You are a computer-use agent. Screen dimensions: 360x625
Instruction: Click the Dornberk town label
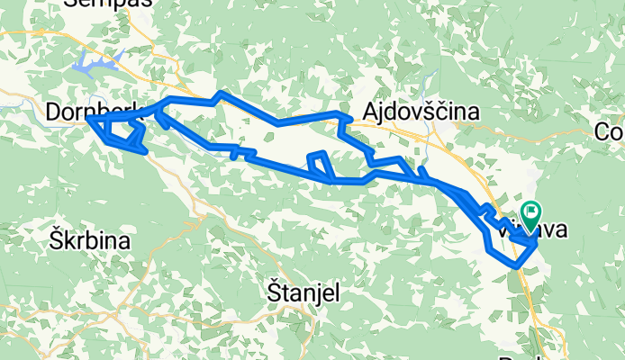95,111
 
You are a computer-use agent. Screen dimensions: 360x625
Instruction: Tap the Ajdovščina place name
421,112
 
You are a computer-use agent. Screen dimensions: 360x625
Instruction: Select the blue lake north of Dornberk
95,63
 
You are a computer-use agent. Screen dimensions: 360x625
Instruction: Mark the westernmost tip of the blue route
87,118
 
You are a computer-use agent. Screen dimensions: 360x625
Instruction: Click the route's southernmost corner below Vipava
516,265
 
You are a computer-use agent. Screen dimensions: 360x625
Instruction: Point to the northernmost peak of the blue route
222,93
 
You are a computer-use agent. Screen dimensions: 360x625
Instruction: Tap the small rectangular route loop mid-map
320,166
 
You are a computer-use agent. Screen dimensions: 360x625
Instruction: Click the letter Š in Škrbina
55,240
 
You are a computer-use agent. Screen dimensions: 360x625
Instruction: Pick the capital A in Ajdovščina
370,112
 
